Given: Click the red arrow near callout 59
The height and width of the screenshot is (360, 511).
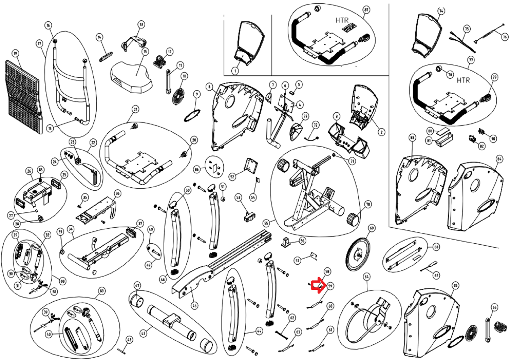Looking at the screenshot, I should tap(317, 285).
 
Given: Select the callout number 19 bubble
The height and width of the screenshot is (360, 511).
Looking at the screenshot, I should tap(15, 53).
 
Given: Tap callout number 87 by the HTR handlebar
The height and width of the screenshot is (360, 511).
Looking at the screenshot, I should tap(366, 10).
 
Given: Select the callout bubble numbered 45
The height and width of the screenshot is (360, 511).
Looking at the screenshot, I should tap(195, 306).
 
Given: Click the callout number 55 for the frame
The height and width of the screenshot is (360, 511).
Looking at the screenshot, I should tap(266, 223).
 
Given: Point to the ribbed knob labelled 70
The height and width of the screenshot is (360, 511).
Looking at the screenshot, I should tap(354, 218).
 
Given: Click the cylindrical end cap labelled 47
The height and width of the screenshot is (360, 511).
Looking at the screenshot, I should tap(138, 301).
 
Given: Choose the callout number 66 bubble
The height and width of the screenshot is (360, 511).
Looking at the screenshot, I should tap(494, 307).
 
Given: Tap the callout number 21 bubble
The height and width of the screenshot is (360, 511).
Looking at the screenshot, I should tap(135, 109).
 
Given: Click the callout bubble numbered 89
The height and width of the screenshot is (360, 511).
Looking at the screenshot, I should tap(102, 291).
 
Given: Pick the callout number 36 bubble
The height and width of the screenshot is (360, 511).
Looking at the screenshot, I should tap(117, 193).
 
